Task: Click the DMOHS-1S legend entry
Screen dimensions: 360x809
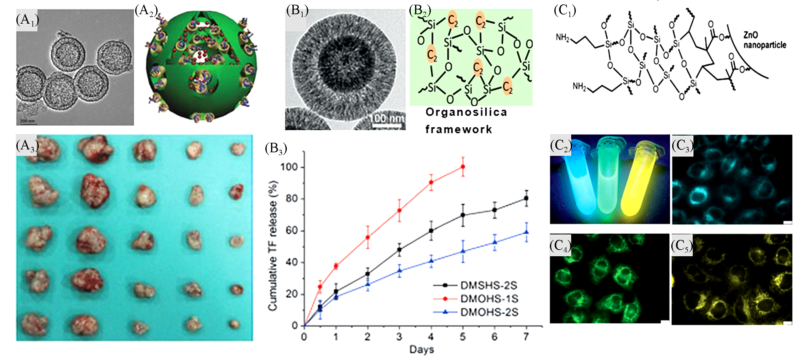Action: coord(489,299)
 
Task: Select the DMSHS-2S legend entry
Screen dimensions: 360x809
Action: coord(488,285)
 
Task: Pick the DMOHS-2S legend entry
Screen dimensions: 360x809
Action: coord(489,312)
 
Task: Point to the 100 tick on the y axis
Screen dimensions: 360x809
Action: coord(289,167)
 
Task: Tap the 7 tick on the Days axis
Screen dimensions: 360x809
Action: coord(526,337)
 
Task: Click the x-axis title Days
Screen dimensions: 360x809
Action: coord(421,349)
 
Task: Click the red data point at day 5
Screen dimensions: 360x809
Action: coord(463,166)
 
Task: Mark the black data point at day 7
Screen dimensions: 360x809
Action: coord(526,198)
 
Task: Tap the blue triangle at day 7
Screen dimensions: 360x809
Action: coord(526,232)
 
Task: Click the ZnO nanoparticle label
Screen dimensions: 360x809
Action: coord(764,40)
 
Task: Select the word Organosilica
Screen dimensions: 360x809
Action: coord(466,112)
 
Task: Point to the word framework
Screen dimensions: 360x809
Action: coord(459,129)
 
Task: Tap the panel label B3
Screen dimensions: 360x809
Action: coord(276,148)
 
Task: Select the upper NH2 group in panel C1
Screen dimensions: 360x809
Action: coord(562,38)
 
